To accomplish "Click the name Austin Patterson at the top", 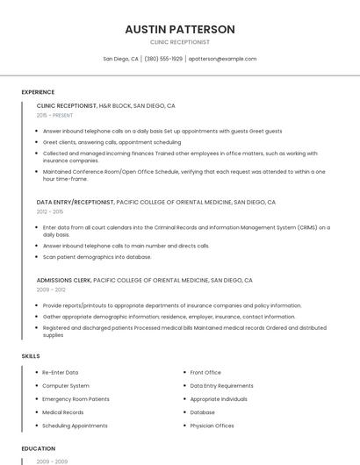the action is pyautogui.click(x=180, y=29).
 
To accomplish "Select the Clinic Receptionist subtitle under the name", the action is pyautogui.click(x=180, y=42).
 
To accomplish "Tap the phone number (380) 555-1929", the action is pyautogui.click(x=163, y=59).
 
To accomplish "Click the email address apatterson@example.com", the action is pyautogui.click(x=222, y=59).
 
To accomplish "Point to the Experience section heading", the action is pyautogui.click(x=38, y=92).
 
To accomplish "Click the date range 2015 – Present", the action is pyautogui.click(x=55, y=115).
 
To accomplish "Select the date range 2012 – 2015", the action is pyautogui.click(x=50, y=211).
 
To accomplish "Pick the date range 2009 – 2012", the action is pyautogui.click(x=50, y=290).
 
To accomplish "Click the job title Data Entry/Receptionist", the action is pyautogui.click(x=76, y=202).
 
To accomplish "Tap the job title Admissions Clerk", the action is pyautogui.click(x=64, y=280).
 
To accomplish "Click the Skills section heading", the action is pyautogui.click(x=31, y=356).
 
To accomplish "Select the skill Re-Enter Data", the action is pyautogui.click(x=61, y=373).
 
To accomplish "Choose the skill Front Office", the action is pyautogui.click(x=205, y=373).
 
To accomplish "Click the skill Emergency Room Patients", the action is pyautogui.click(x=76, y=399).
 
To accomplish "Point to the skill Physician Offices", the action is pyautogui.click(x=212, y=426).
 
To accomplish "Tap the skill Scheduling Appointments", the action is pyautogui.click(x=75, y=426).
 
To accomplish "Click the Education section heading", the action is pyautogui.click(x=39, y=448).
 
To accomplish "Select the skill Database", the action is pyautogui.click(x=202, y=412).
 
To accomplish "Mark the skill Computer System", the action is pyautogui.click(x=66, y=386).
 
